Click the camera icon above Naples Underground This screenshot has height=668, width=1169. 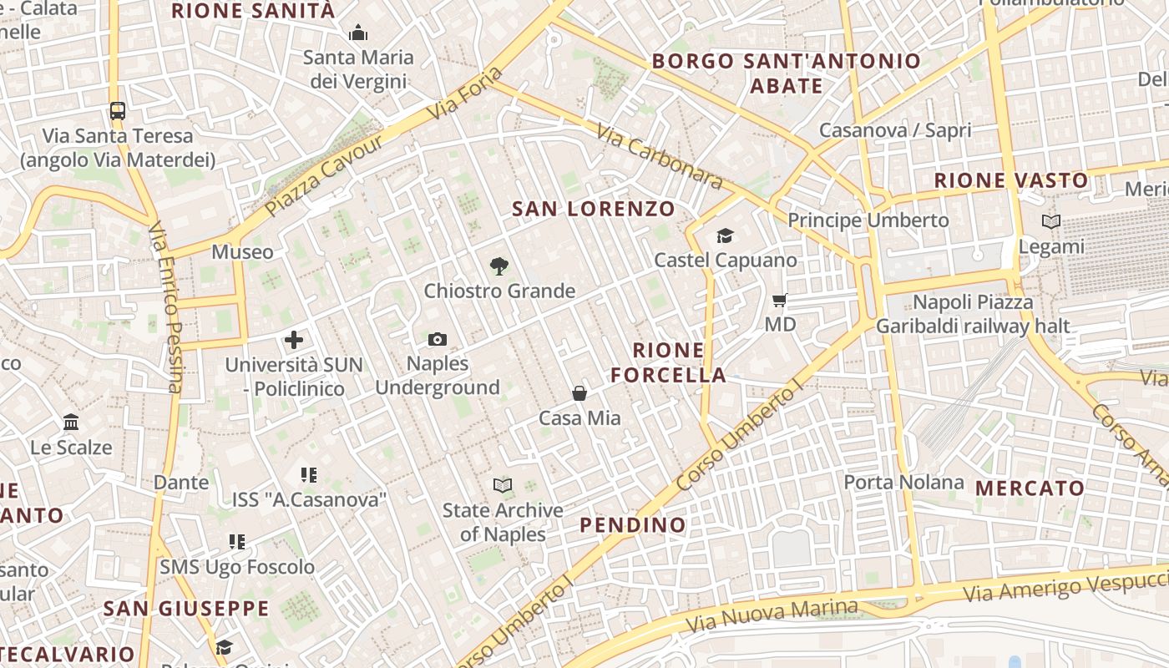tap(438, 339)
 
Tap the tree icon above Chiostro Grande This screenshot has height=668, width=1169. tap(499, 266)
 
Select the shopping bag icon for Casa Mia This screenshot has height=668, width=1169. tap(579, 392)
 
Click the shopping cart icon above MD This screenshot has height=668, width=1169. tap(780, 300)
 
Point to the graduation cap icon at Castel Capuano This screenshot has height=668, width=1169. tap(725, 236)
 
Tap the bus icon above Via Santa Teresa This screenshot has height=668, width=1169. tap(118, 110)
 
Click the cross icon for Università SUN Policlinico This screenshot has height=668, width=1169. tap(294, 340)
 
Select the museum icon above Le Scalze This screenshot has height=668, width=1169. tap(71, 423)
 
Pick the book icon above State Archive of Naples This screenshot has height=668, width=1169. tap(502, 485)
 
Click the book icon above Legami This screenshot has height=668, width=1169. tap(1051, 222)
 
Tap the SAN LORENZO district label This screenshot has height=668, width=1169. tap(594, 209)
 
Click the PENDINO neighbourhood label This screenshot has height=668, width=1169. tap(633, 524)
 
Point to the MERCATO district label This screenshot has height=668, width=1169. tap(1030, 488)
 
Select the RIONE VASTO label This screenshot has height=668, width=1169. tap(1011, 180)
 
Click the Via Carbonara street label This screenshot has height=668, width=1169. tap(660, 156)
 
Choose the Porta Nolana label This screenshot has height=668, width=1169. tap(903, 482)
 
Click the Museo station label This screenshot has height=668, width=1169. tap(242, 251)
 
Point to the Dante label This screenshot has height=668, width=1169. tap(181, 482)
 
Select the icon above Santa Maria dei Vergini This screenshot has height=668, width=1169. tap(358, 33)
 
